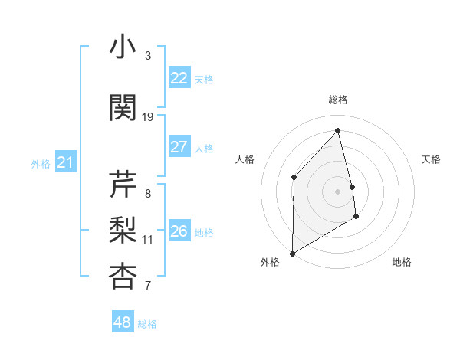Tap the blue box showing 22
179,78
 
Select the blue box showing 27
179,147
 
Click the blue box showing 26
179,231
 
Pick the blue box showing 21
66,162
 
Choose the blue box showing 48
123,322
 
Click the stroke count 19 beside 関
149,117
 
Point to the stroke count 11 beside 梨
148,240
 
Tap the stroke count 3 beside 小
148,56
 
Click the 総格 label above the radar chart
337,100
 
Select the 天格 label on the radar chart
431,159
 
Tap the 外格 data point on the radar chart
292,253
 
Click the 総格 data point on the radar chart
337,130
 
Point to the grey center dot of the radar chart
337,191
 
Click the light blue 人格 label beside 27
204,148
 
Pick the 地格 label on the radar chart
402,262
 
